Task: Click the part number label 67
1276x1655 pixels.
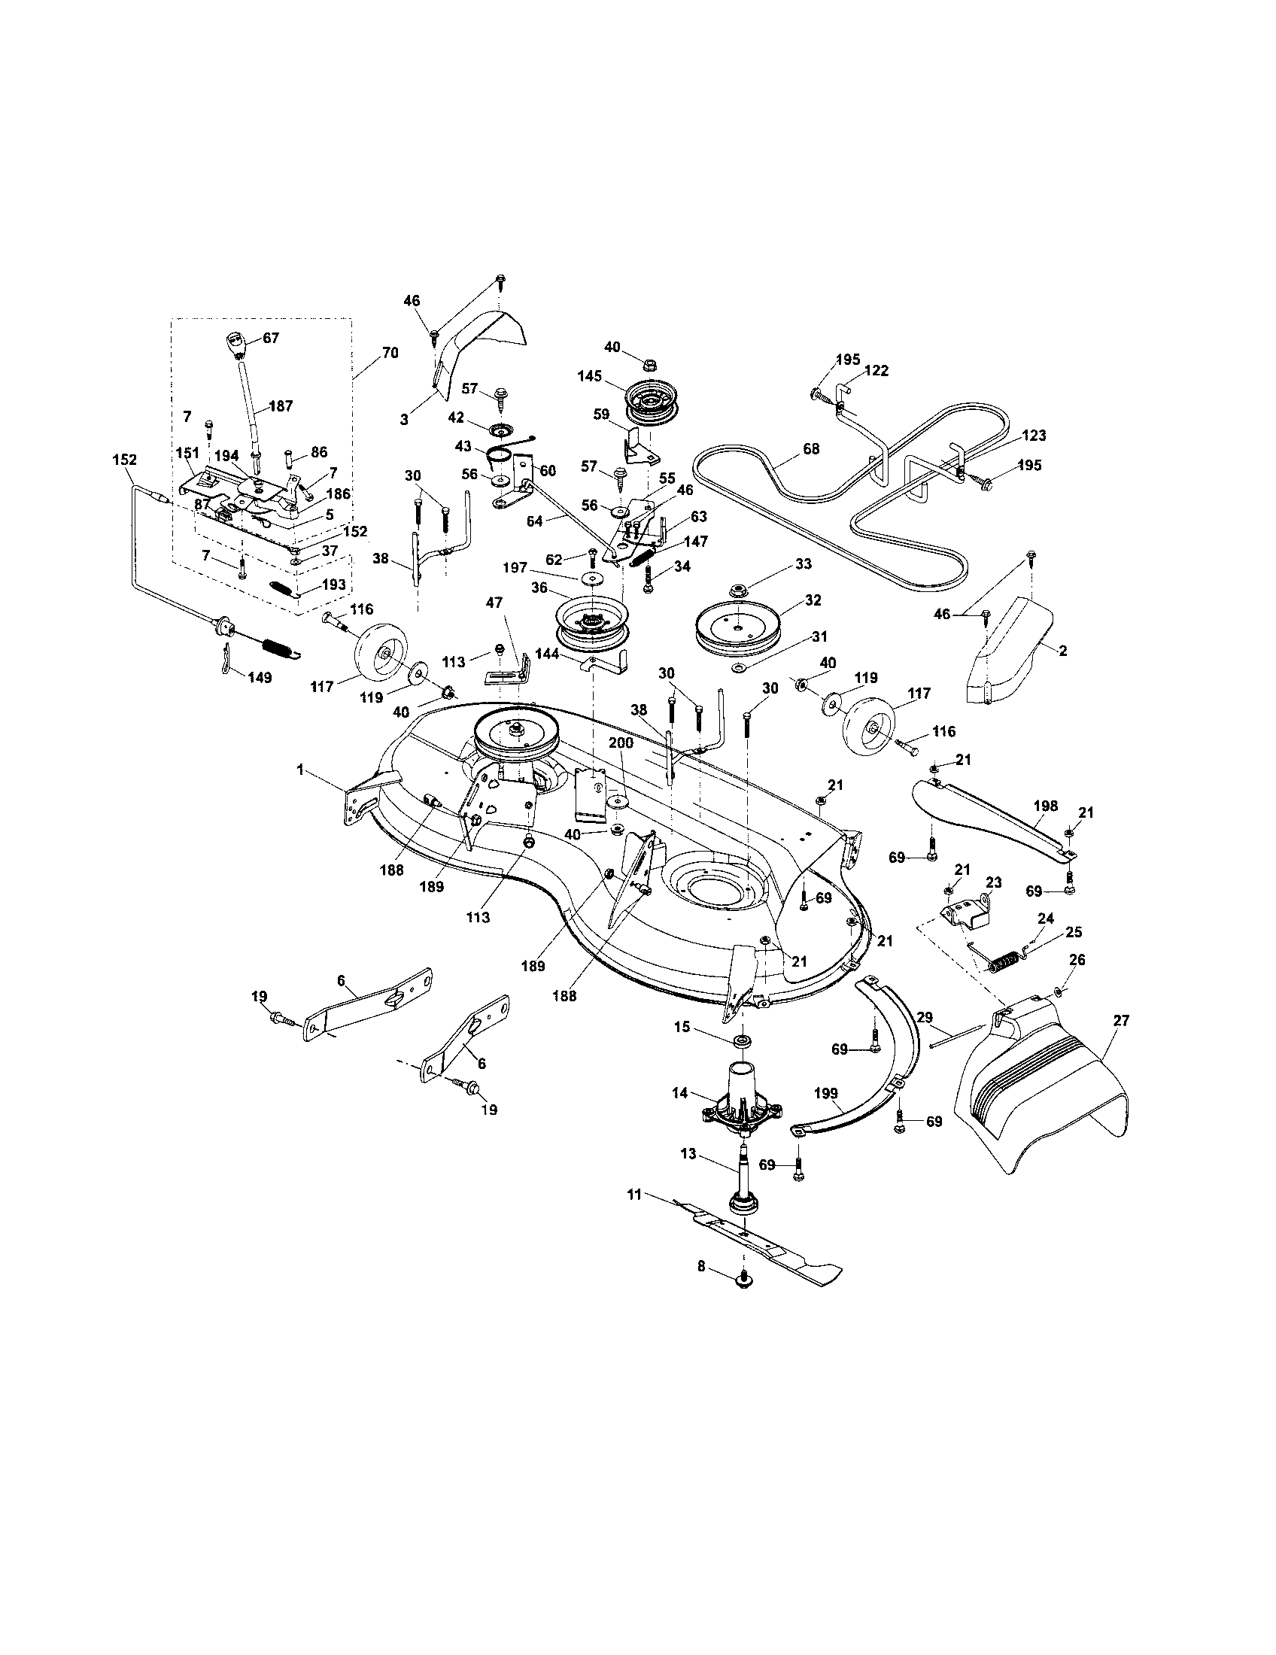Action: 271,338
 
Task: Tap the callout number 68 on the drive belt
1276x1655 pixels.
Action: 811,448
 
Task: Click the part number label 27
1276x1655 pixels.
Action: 1121,1021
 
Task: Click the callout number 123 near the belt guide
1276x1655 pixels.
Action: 1034,436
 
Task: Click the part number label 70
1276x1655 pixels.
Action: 390,352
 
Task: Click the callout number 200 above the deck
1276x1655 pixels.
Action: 621,744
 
